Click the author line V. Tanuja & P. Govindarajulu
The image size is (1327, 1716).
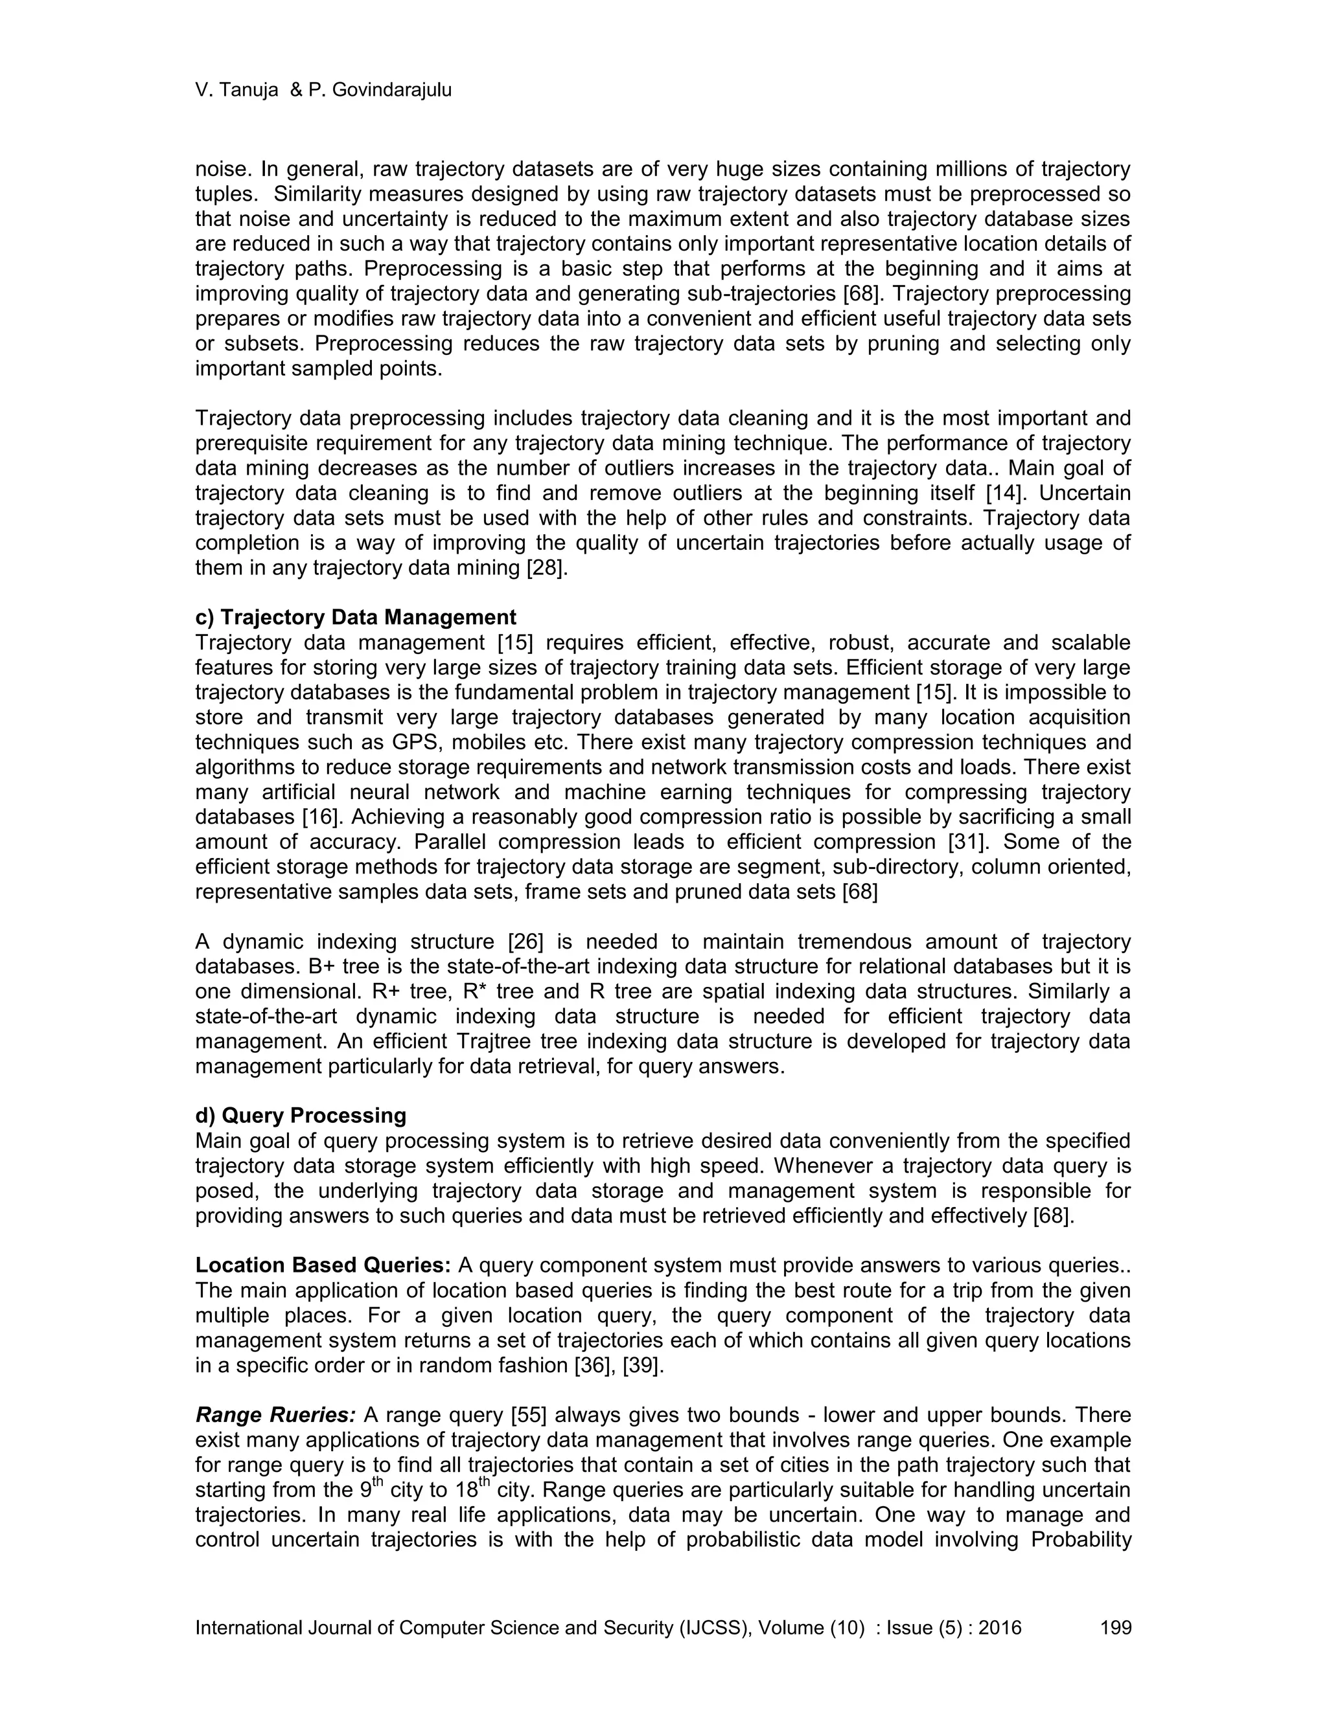(x=323, y=91)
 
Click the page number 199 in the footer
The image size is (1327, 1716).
(x=1116, y=1627)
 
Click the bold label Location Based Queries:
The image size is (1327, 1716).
(x=322, y=1266)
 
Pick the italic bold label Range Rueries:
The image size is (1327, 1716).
(x=275, y=1415)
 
